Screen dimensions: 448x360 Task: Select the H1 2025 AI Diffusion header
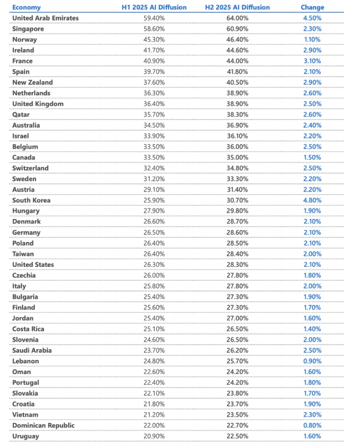(x=154, y=7)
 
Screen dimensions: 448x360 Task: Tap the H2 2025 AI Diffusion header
(x=238, y=7)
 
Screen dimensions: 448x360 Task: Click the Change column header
(x=312, y=7)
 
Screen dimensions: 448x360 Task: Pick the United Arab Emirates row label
(x=45, y=18)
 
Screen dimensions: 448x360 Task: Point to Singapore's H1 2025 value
(x=154, y=29)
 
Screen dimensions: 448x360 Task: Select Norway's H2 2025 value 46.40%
(x=238, y=40)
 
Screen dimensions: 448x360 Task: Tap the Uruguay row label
(x=26, y=436)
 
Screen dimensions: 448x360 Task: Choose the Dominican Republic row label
(x=43, y=425)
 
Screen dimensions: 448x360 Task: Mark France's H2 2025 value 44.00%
(x=238, y=61)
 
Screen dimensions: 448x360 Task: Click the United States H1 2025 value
(x=154, y=264)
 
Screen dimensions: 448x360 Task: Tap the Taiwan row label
(x=23, y=254)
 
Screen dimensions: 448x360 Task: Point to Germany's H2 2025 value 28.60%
(x=238, y=232)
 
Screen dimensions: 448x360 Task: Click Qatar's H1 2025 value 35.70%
(x=154, y=115)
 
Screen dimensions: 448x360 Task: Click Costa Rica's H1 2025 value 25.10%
(x=154, y=329)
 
